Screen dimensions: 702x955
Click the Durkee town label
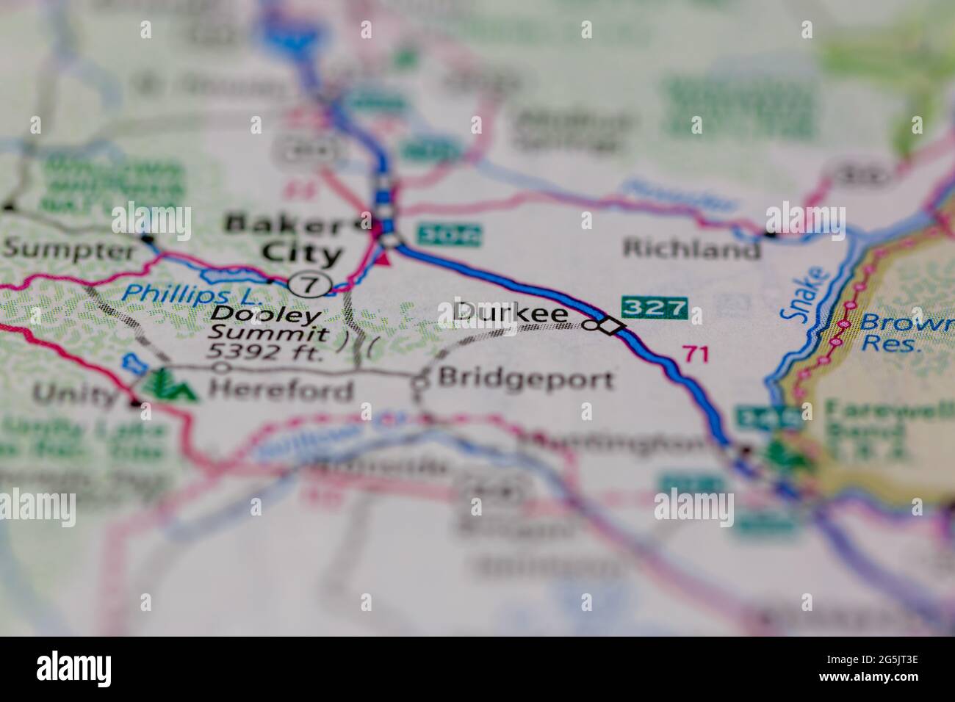[x=511, y=314]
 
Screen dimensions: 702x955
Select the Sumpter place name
[x=68, y=250]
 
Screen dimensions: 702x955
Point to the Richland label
[x=691, y=248]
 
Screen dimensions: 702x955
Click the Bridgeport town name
[x=525, y=379]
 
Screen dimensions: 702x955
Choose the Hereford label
[x=280, y=389]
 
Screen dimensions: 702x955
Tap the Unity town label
[x=76, y=395]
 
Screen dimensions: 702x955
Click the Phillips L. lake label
[x=191, y=294]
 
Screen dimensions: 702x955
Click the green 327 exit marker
[x=655, y=307]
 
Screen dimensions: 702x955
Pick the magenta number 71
[x=695, y=354]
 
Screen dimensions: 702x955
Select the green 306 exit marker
[x=449, y=234]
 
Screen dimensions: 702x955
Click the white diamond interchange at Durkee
[x=609, y=326]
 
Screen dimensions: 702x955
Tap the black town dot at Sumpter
[x=148, y=239]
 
